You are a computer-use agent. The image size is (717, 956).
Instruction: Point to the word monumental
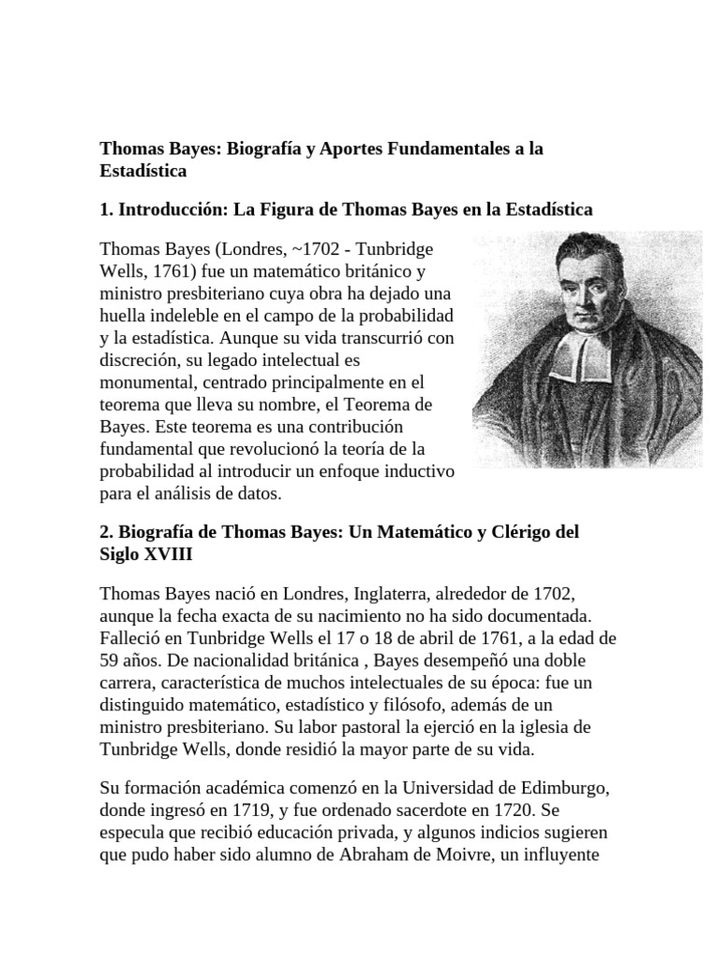pyautogui.click(x=148, y=381)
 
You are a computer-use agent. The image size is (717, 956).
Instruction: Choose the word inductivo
pyautogui.click(x=418, y=469)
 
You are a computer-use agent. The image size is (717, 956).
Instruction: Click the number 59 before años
pyautogui.click(x=110, y=661)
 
